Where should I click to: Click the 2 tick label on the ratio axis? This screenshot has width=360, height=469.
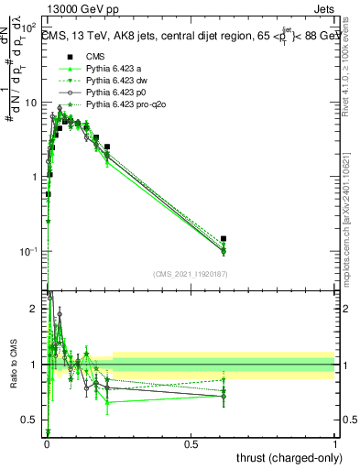35,309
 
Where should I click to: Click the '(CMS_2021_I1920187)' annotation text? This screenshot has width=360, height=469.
191,273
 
